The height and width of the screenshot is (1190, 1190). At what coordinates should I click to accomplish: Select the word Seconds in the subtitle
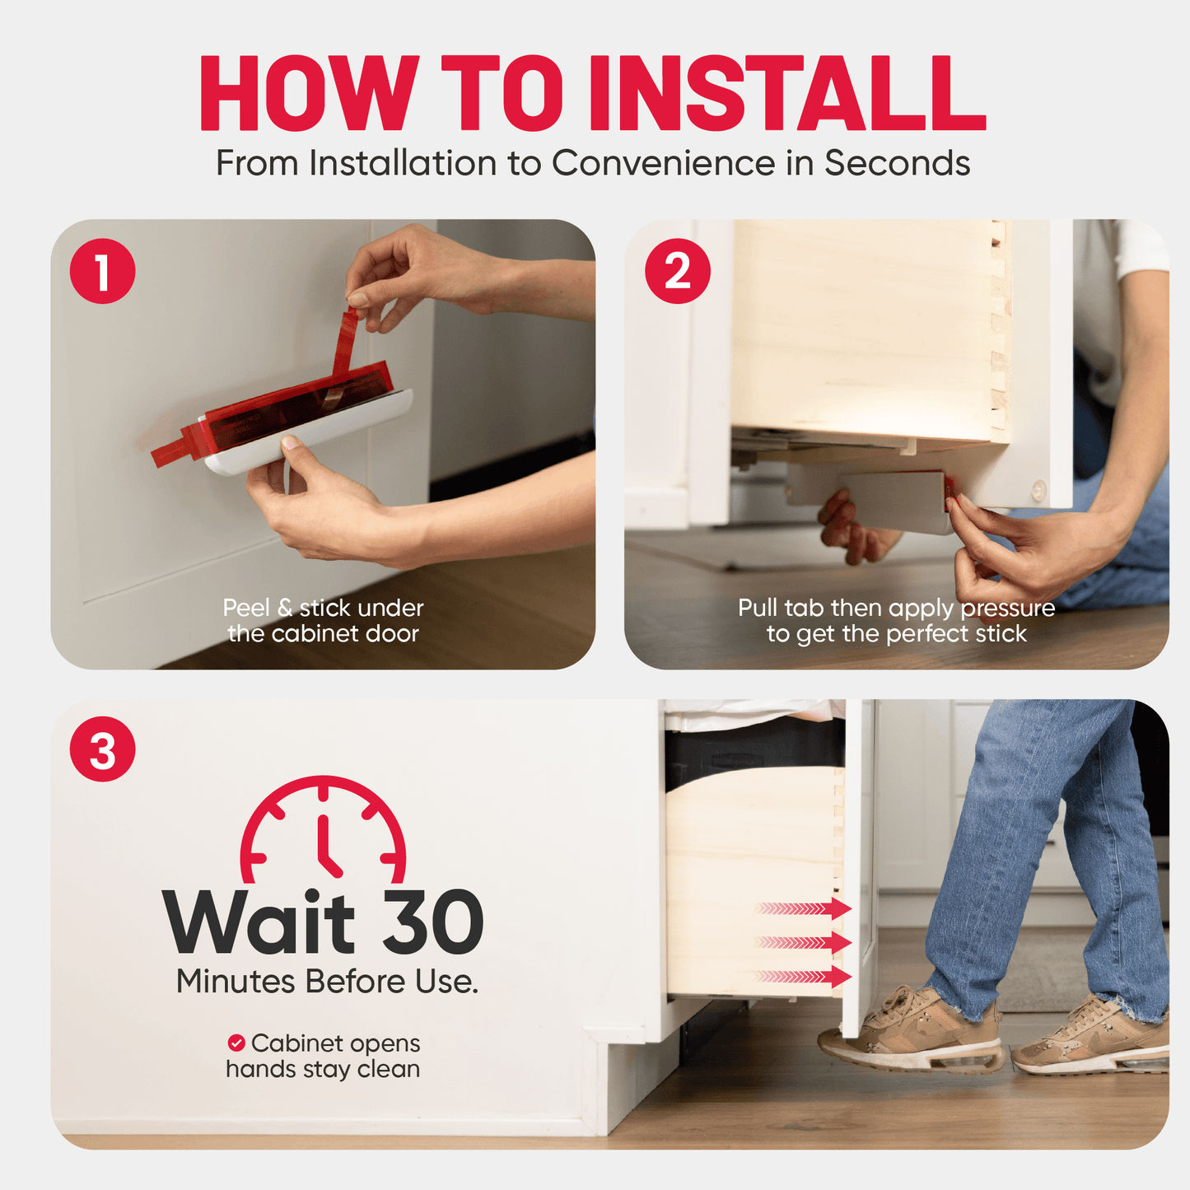point(898,163)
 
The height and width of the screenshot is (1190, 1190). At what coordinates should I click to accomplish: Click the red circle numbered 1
point(102,271)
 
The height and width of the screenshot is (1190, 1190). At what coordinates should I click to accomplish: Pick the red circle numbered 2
point(678,271)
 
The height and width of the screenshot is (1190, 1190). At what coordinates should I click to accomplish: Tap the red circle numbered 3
point(102,749)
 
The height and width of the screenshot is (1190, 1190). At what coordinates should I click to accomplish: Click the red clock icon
point(323,828)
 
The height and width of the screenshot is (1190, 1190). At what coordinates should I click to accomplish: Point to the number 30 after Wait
point(433,922)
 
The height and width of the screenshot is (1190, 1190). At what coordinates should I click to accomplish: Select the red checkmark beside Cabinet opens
point(236,1043)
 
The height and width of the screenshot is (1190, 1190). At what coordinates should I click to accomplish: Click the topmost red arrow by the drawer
point(804,908)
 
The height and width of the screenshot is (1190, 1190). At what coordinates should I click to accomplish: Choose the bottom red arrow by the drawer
point(804,977)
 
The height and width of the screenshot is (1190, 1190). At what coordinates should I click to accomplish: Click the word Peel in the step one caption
point(247,609)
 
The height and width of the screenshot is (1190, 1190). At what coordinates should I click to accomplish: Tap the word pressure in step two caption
point(1008,609)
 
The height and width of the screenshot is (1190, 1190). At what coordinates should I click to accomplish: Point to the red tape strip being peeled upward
point(346,339)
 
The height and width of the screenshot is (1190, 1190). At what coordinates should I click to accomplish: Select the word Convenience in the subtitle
point(664,163)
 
